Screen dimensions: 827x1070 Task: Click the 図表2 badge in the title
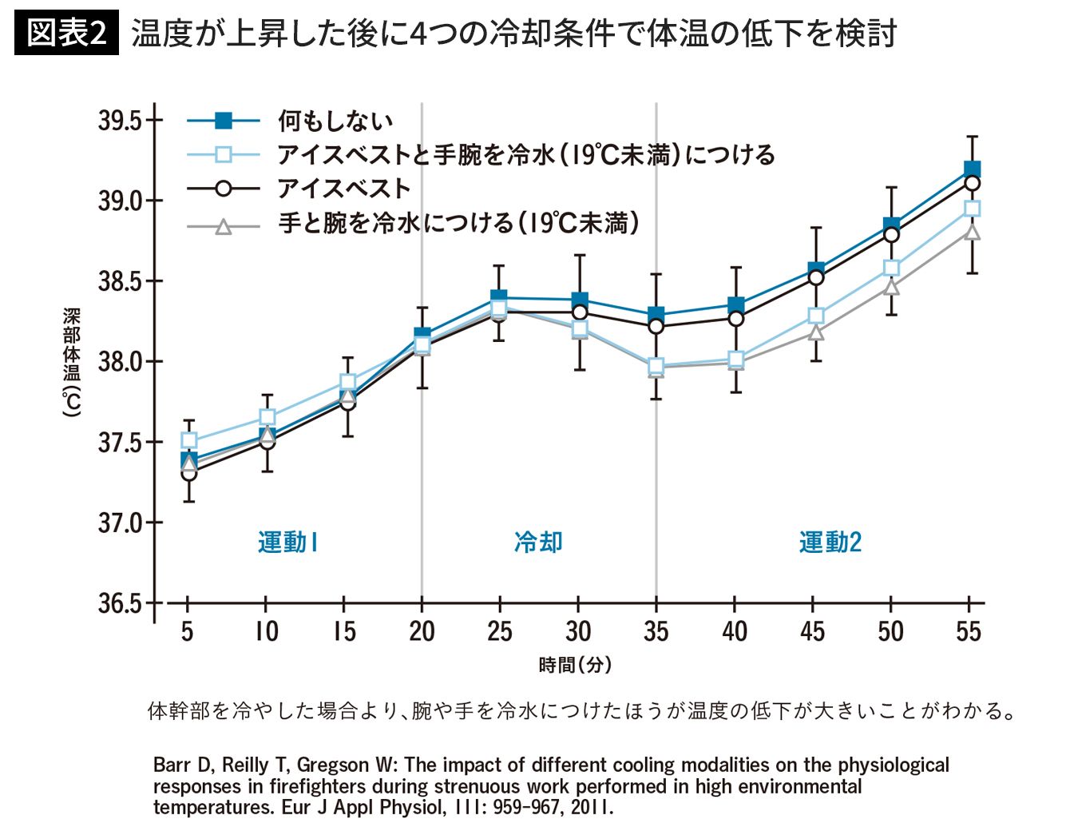click(x=66, y=34)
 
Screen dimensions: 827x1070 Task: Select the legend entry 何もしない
click(x=335, y=121)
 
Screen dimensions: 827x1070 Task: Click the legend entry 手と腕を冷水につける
click(x=458, y=223)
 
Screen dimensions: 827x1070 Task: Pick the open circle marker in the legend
click(x=224, y=189)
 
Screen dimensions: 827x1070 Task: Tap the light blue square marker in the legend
click(x=224, y=154)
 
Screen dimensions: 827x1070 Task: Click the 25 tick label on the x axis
click(x=500, y=632)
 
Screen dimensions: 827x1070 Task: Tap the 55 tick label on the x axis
click(x=969, y=632)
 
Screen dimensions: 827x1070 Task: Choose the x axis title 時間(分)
click(x=575, y=665)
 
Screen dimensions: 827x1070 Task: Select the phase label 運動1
click(x=288, y=543)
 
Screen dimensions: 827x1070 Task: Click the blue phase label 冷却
click(x=538, y=543)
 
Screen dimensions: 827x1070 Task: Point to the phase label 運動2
click(x=830, y=543)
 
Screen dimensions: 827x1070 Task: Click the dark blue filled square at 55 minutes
click(x=972, y=169)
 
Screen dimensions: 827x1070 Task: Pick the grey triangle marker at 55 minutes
click(x=972, y=232)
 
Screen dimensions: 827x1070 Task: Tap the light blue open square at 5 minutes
click(x=189, y=440)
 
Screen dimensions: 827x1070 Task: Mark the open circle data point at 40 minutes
click(x=735, y=318)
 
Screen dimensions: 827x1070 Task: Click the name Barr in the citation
click(x=171, y=765)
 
